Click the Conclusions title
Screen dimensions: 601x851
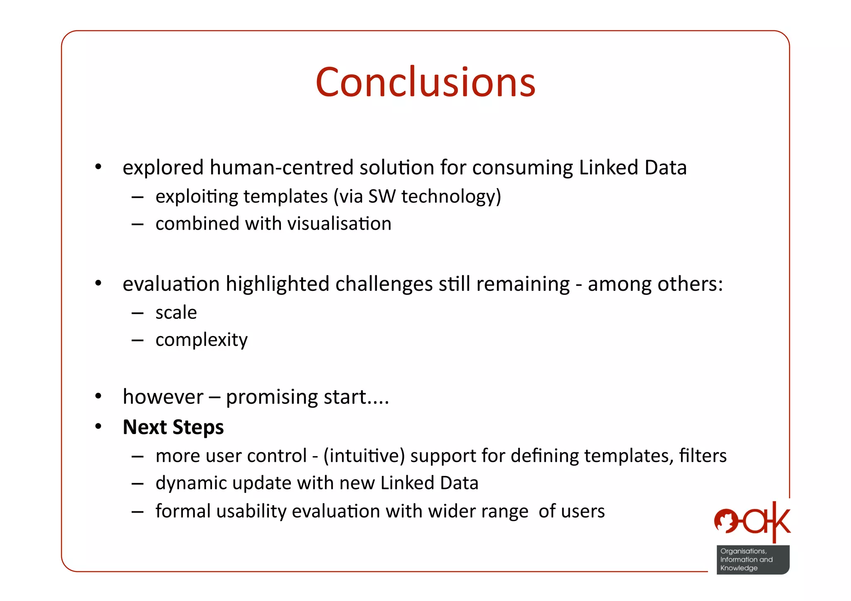[x=425, y=83]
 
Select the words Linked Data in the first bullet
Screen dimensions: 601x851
[x=632, y=168]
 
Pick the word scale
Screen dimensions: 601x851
[x=176, y=313]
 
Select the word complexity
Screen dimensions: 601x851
[x=201, y=340]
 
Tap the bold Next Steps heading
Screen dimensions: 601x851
[x=173, y=427]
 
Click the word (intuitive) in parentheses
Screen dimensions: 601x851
[x=364, y=456]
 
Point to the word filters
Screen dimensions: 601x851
[x=703, y=456]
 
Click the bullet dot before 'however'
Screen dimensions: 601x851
[x=98, y=396]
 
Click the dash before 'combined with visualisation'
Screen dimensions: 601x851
[x=137, y=224]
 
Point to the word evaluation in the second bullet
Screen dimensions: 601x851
[x=171, y=284]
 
